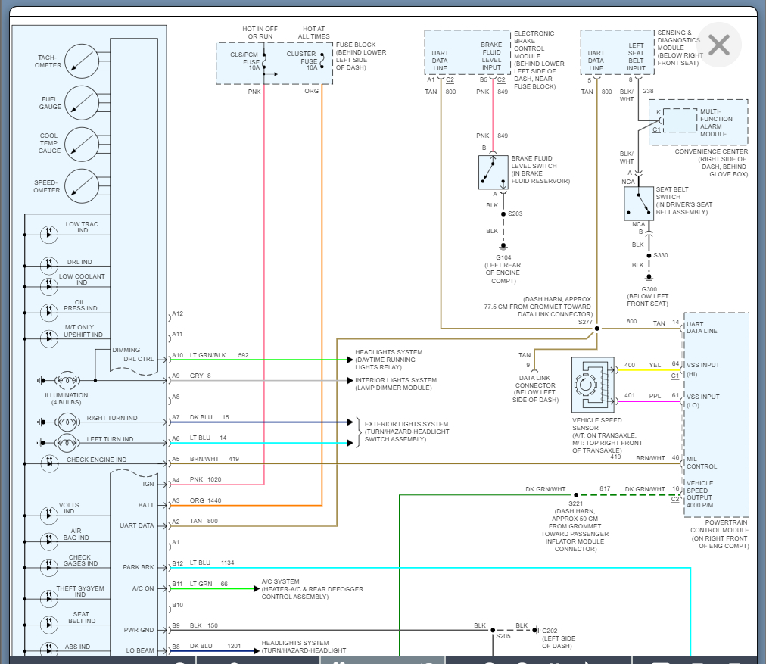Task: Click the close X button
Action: [x=719, y=45]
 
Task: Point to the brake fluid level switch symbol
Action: [x=494, y=173]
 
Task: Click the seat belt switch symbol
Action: [x=639, y=203]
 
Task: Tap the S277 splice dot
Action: [x=596, y=329]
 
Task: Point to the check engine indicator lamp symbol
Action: [x=50, y=460]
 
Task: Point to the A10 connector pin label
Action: [x=177, y=355]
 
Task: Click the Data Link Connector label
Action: [x=534, y=385]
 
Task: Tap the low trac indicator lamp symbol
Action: [x=50, y=234]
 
